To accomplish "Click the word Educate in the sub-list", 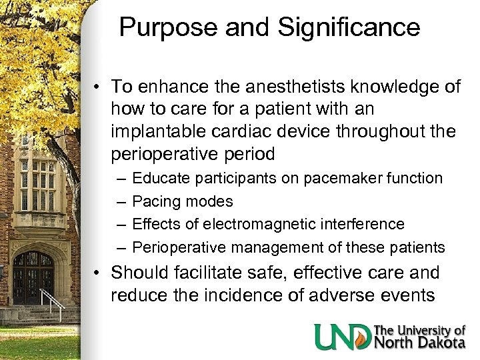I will [x=159, y=178].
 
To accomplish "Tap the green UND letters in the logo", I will [x=343, y=337].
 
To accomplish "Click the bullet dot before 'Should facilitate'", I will [x=97, y=273].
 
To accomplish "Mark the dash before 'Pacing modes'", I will [x=120, y=201].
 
